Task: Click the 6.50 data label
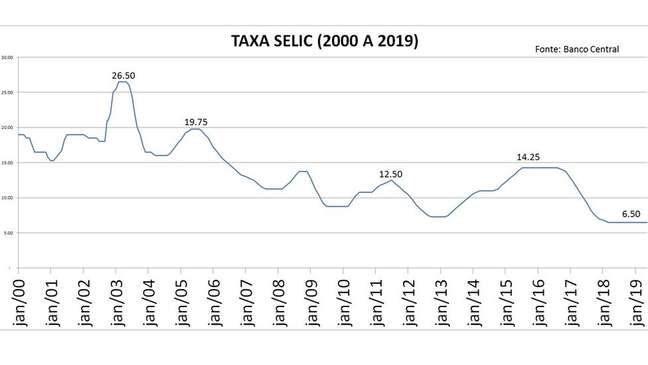[x=632, y=213]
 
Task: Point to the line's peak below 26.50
[x=123, y=82]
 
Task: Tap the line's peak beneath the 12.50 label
[x=391, y=180]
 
